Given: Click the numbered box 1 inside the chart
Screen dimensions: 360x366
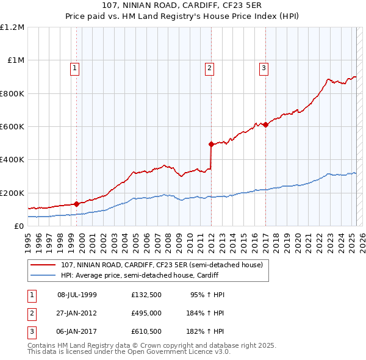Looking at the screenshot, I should point(74,68).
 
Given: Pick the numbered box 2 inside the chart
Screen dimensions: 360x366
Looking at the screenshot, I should point(209,68).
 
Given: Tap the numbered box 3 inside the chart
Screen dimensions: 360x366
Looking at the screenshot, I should point(264,68).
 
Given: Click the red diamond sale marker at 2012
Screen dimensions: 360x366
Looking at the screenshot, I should point(211,145).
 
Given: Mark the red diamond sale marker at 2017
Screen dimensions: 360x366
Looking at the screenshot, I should point(265,125).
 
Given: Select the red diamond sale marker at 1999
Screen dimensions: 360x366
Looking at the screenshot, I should point(76,204).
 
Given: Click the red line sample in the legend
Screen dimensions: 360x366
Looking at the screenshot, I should point(43,265).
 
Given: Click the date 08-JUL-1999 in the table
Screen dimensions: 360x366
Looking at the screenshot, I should point(77,295).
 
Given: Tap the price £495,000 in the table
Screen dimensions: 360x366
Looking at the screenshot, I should point(146,312).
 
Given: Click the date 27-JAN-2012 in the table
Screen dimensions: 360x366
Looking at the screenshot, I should point(77,312).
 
